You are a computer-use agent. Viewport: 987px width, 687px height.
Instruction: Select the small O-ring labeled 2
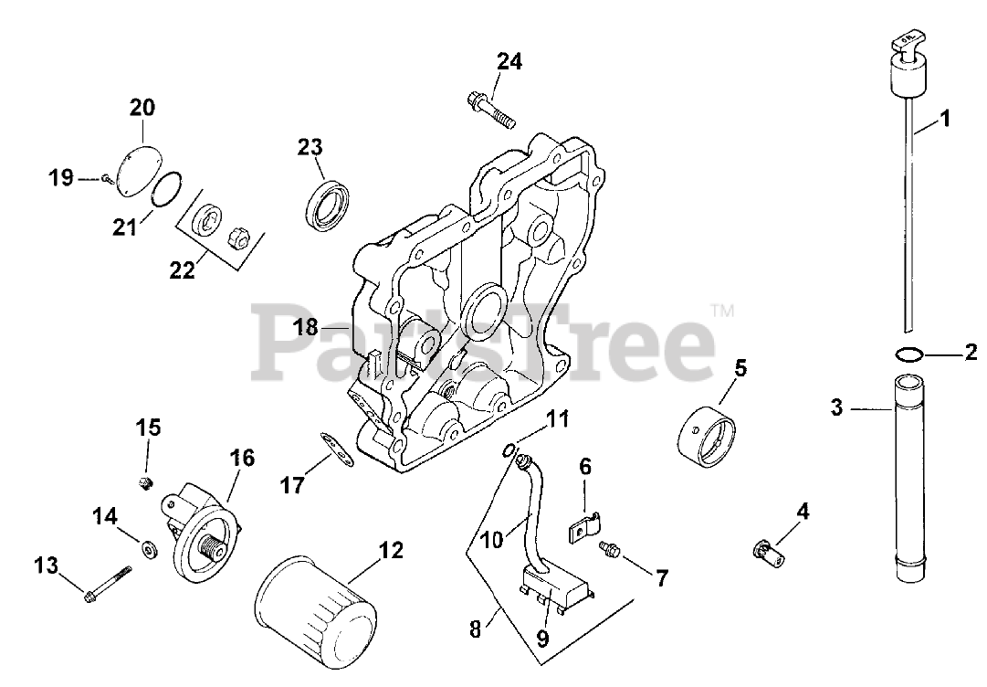[x=908, y=354]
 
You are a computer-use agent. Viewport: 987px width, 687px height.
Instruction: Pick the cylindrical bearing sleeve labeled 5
[x=709, y=429]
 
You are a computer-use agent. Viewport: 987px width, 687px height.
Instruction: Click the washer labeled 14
[x=147, y=549]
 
